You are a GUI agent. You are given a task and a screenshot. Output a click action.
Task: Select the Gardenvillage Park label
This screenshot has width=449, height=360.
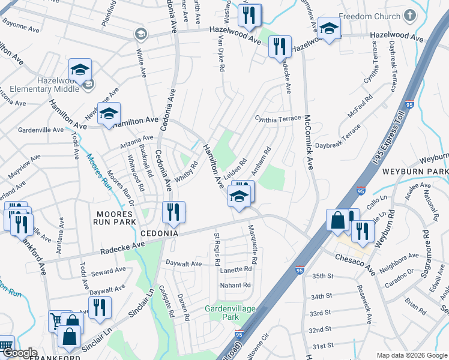tap(231, 312)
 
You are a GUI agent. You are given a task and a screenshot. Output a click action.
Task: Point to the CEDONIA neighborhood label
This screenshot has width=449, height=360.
tap(160, 233)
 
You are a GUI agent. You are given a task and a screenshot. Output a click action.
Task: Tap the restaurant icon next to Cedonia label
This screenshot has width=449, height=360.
tap(173, 211)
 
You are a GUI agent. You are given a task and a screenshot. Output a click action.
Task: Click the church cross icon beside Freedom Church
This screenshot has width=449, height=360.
tap(410, 16)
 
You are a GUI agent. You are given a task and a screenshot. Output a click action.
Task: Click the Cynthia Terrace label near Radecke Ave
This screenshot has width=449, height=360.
tap(277, 119)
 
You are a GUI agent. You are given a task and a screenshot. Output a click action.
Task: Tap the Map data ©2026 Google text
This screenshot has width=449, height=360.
tap(411, 355)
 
